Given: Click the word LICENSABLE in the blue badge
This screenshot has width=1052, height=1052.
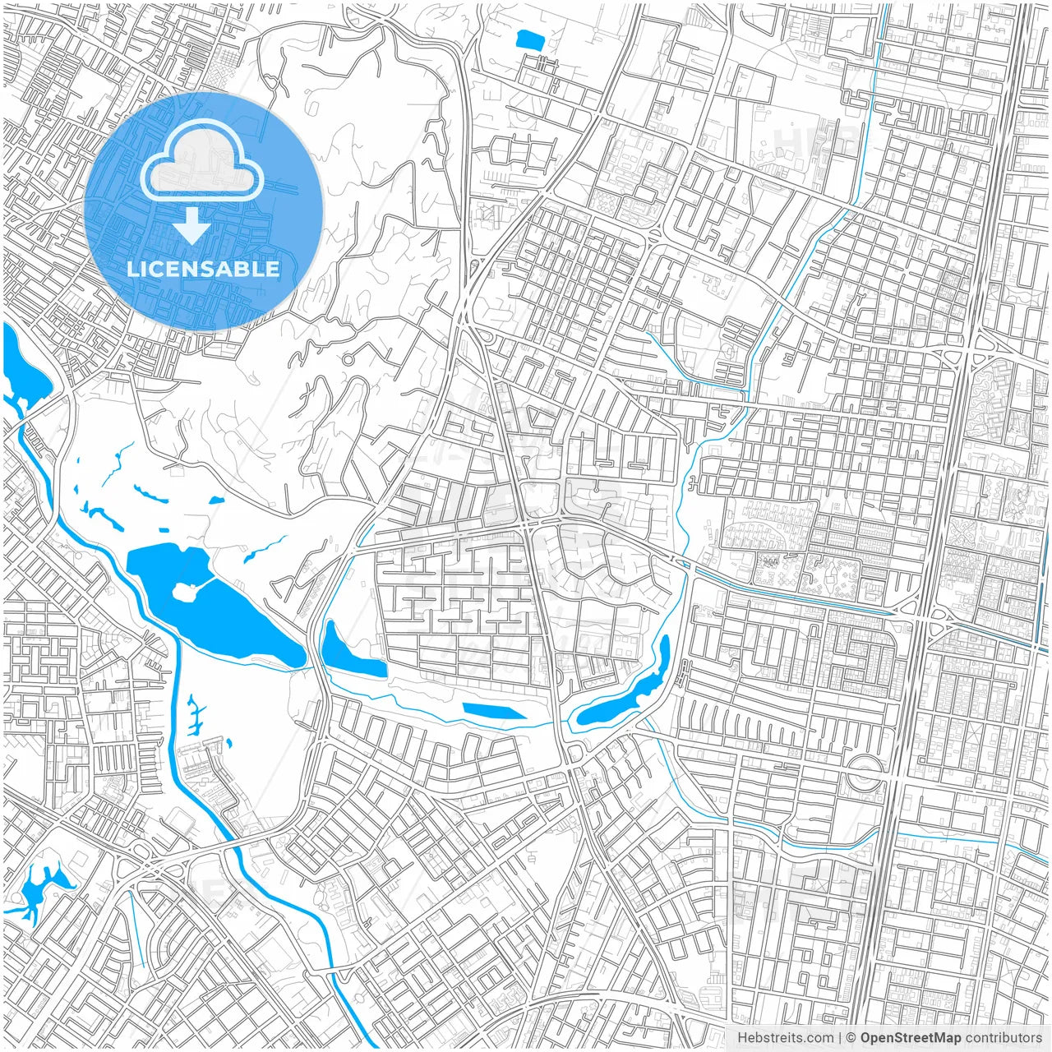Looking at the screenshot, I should [203, 270].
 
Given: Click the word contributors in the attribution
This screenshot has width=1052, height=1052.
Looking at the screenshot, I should [1004, 1038].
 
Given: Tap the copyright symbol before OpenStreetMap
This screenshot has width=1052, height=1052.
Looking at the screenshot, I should [851, 1038].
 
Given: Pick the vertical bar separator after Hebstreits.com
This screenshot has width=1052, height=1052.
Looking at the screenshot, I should [839, 1038].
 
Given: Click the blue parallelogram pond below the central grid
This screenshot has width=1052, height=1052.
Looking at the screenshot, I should [494, 710].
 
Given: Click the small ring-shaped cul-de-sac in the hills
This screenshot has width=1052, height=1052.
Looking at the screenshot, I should [348, 359].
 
